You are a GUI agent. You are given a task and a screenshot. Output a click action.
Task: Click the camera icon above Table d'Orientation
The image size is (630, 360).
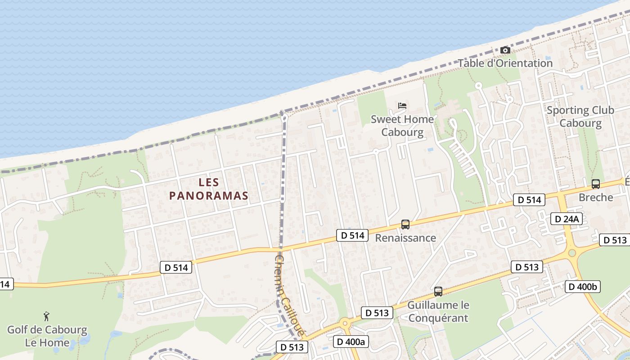pyautogui.click(x=505, y=50)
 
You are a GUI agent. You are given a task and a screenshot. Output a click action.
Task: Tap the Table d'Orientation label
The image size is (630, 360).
pyautogui.click(x=505, y=63)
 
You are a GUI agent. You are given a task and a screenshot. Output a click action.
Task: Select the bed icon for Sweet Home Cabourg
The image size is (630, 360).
pyautogui.click(x=402, y=106)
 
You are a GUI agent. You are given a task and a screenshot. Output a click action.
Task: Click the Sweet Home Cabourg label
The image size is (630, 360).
pyautogui.click(x=402, y=126)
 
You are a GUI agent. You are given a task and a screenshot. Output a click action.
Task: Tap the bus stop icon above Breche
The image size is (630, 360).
pyautogui.click(x=596, y=184)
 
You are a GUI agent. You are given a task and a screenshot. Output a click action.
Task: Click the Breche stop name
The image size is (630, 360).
pyautogui.click(x=596, y=197)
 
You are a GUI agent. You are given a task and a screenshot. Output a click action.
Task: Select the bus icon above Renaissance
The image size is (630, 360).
pyautogui.click(x=405, y=224)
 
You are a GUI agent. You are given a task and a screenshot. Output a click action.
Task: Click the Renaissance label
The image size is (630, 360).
pyautogui.click(x=405, y=238)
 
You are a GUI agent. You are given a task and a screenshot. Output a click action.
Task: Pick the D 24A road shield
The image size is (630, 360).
pyautogui.click(x=567, y=219)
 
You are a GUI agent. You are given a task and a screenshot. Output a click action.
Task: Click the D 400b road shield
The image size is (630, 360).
pyautogui.click(x=583, y=287)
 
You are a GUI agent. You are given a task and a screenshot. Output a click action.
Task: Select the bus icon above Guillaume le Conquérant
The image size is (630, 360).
pyautogui.click(x=438, y=291)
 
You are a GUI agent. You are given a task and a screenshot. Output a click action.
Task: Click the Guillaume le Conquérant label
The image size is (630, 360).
pyautogui.click(x=438, y=311)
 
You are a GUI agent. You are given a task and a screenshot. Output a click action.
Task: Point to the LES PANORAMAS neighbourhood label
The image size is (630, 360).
pyautogui.click(x=209, y=189)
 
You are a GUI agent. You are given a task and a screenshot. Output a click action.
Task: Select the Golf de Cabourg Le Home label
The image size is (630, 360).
pyautogui.click(x=47, y=336)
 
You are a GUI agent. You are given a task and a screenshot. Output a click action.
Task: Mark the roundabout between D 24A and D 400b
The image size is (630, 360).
pyautogui.click(x=572, y=252)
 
